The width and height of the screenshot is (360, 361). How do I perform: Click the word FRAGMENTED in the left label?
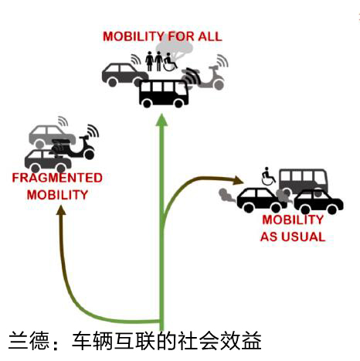(57, 178)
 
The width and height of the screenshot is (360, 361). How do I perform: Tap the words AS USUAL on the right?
(293, 237)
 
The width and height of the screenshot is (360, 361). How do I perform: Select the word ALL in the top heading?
(210, 36)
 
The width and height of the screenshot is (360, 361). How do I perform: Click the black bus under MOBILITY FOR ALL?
(164, 94)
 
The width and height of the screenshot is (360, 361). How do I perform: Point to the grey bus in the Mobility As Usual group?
(304, 179)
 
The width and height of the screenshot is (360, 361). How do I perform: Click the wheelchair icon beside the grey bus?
(268, 176)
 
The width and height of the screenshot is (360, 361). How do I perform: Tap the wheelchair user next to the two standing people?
(170, 62)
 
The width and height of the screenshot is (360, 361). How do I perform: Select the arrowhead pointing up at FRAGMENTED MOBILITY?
(61, 210)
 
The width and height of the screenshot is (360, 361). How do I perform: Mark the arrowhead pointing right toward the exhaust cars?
(238, 180)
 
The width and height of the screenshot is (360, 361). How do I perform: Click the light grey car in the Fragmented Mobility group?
(49, 135)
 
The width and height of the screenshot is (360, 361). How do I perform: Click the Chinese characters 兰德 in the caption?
(29, 341)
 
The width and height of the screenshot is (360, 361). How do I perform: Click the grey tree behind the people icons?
(175, 49)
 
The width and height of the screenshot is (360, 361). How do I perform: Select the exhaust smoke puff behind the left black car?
(226, 196)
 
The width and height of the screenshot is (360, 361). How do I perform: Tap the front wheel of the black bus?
(178, 103)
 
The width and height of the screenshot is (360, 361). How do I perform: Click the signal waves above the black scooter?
(93, 131)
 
